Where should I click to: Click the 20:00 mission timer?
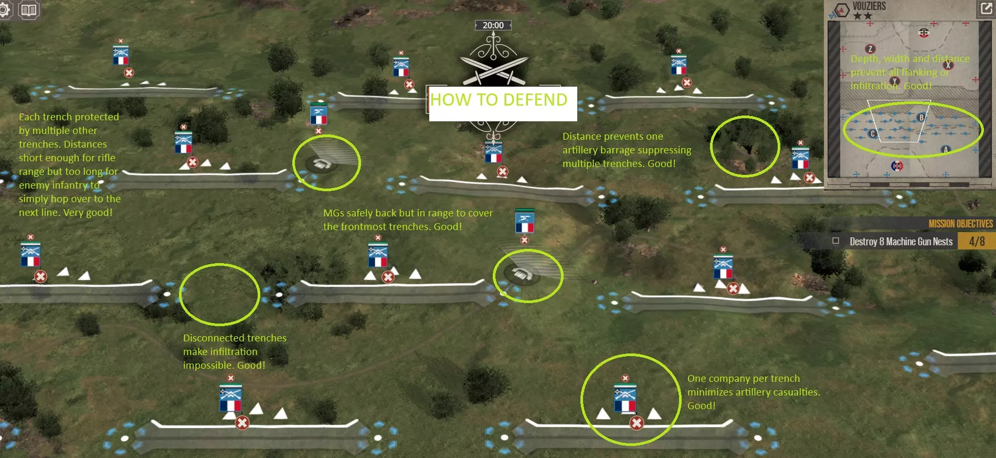coord(493,25)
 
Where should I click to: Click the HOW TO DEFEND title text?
coord(499,100)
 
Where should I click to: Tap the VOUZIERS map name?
coord(869,6)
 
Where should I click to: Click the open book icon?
coord(29,10)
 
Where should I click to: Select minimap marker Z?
coord(870,49)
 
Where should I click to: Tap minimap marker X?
coord(948,65)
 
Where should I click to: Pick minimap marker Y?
coord(894,81)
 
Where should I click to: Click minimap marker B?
coord(921,117)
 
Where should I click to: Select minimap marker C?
coord(872,134)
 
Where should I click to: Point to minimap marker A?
coord(946,150)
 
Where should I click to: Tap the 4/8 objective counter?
coord(977,242)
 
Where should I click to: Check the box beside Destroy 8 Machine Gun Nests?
coord(835,241)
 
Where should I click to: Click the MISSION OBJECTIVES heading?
coord(960,224)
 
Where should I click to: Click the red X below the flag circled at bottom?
coord(637,423)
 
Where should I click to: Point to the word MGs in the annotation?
coord(333,213)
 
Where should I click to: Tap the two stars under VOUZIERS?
coord(862,16)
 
